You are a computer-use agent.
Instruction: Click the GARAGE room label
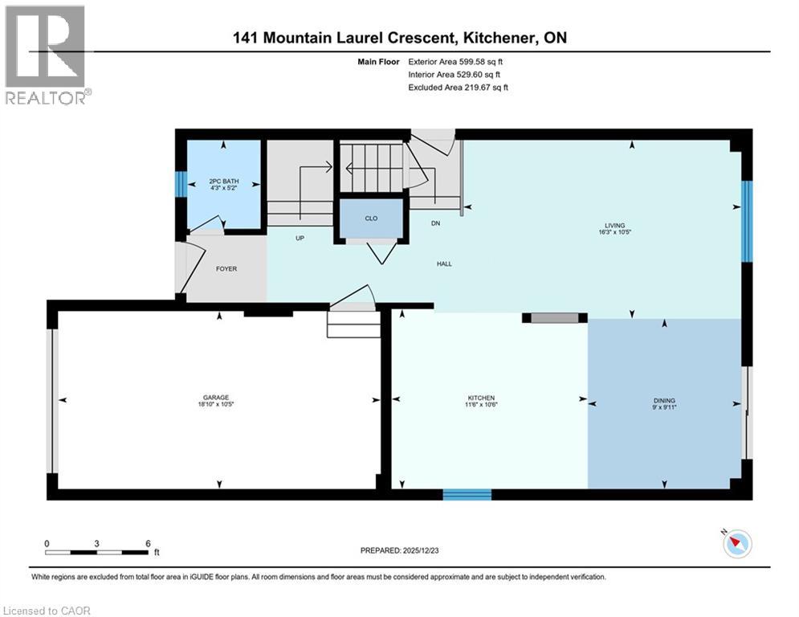pyautogui.click(x=216, y=397)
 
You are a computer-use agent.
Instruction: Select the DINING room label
pyautogui.click(x=663, y=400)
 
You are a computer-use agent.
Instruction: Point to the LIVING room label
pyautogui.click(x=615, y=226)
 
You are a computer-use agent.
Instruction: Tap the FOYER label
pyautogui.click(x=226, y=268)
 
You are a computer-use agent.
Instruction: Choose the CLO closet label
pyautogui.click(x=370, y=217)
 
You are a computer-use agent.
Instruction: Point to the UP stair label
pyautogui.click(x=299, y=239)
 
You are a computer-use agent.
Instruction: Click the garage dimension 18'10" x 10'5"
pyautogui.click(x=217, y=405)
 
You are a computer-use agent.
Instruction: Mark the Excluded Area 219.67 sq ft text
pyautogui.click(x=459, y=87)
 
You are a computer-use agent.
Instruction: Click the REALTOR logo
pyautogui.click(x=47, y=55)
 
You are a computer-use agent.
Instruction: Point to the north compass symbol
pyautogui.click(x=736, y=544)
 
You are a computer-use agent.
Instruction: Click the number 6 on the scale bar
pyautogui.click(x=148, y=543)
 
